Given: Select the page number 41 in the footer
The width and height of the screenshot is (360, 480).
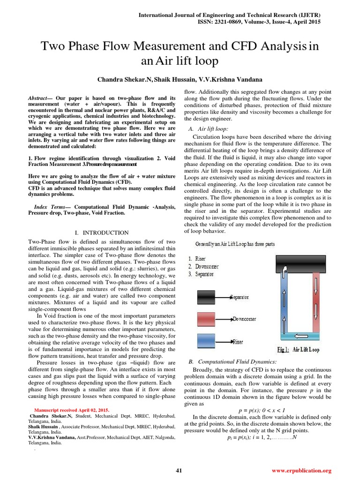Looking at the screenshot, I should click(x=179, y=470).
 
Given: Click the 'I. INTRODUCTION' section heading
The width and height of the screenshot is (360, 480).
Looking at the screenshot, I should click(x=102, y=232).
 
